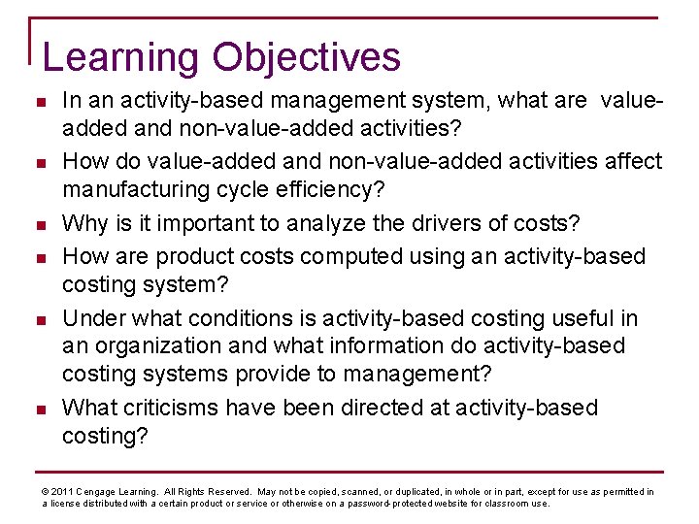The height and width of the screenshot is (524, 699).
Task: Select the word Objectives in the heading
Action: click(x=307, y=57)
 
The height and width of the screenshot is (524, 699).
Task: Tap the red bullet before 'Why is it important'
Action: click(x=42, y=225)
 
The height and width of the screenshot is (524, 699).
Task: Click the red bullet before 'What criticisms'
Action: click(x=42, y=409)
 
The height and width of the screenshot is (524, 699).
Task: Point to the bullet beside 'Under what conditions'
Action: click(x=42, y=319)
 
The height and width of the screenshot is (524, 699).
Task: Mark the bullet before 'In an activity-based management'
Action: click(x=42, y=101)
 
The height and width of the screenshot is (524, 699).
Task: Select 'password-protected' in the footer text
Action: click(x=396, y=504)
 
